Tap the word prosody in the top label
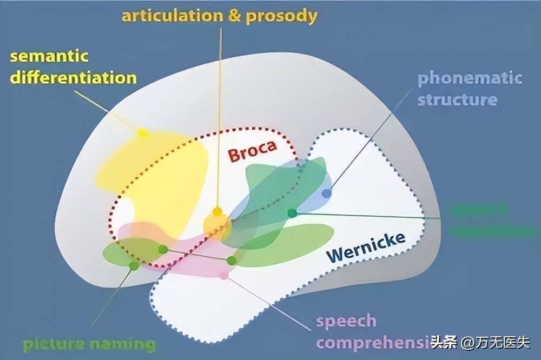point(281,16)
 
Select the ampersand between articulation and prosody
point(234,16)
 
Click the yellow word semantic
point(49,56)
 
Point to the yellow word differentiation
point(73,77)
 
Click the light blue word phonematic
point(470,78)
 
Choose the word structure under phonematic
point(457,99)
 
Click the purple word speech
point(346,321)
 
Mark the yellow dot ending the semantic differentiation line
point(142,132)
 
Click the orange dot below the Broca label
point(217,211)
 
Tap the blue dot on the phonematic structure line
point(326,193)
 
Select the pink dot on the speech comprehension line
point(225,275)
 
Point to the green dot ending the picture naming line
point(134,265)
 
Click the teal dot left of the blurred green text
point(292,213)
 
